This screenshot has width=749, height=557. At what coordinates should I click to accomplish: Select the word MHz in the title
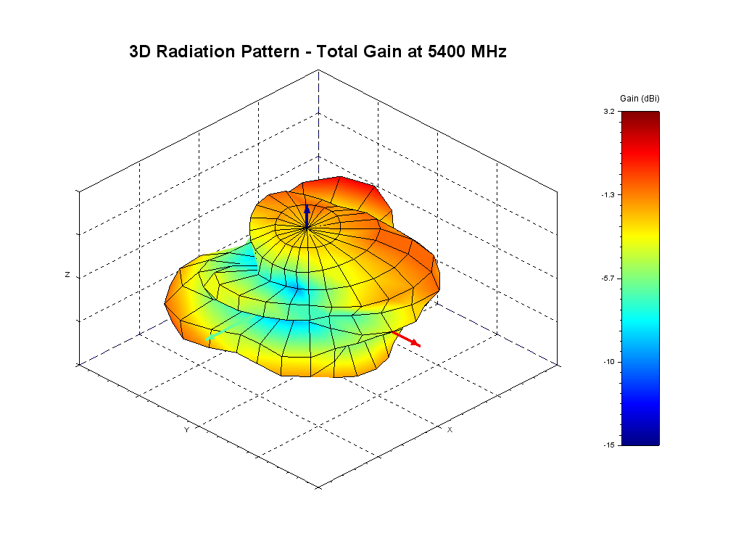(485, 51)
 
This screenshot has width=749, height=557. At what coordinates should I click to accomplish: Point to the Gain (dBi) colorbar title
(640, 98)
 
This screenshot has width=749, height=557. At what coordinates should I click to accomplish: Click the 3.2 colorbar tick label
(608, 112)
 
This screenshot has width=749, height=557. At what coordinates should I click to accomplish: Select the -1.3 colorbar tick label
(608, 195)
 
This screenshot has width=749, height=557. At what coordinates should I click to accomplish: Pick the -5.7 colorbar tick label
(608, 278)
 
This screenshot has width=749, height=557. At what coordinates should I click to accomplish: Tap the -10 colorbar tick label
(608, 362)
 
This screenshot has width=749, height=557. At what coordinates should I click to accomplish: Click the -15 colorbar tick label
(608, 445)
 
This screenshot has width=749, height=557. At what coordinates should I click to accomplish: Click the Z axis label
(67, 276)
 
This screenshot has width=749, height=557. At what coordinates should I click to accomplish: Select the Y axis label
(186, 430)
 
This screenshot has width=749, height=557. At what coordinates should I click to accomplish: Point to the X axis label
(450, 430)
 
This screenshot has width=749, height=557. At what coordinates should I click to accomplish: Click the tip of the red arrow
(418, 345)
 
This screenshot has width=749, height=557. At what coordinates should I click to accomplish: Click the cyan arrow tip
(209, 339)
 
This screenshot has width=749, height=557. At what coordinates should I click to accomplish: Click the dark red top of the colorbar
(640, 116)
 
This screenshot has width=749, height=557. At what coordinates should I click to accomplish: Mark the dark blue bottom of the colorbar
(640, 440)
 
